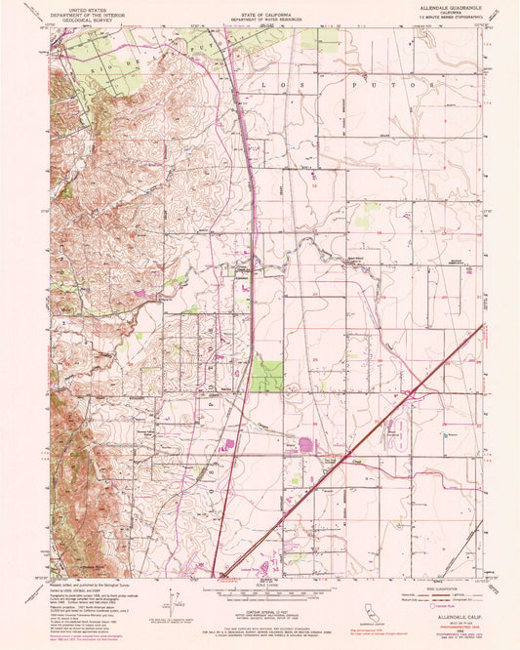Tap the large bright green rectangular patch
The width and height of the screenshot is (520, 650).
coord(265,377)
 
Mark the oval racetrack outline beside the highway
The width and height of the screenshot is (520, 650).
coord(395,427)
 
